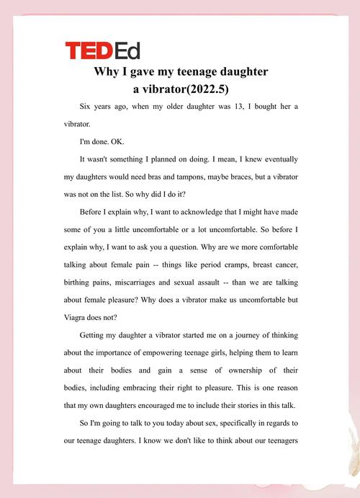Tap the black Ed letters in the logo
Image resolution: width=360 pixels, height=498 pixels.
127,50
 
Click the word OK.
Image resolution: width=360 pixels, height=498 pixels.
120,141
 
